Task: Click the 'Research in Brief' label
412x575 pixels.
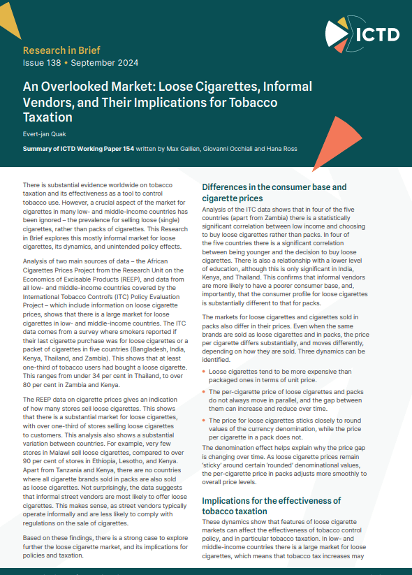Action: (61, 50)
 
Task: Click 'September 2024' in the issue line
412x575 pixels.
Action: (105, 63)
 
